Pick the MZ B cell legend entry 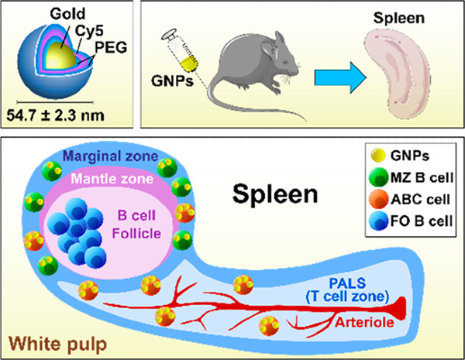pos(413,186)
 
